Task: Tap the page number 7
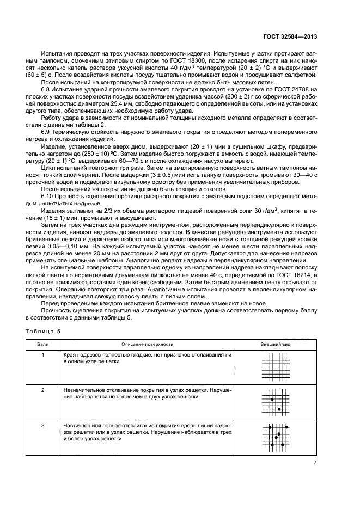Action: (x=315, y=463)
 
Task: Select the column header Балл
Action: (x=42, y=344)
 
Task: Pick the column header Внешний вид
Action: (x=276, y=344)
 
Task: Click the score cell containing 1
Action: (x=42, y=355)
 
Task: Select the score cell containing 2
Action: (x=42, y=391)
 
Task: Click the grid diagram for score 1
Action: (x=276, y=366)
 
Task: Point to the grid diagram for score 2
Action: (x=276, y=402)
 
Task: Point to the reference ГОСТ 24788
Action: (x=296, y=88)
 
